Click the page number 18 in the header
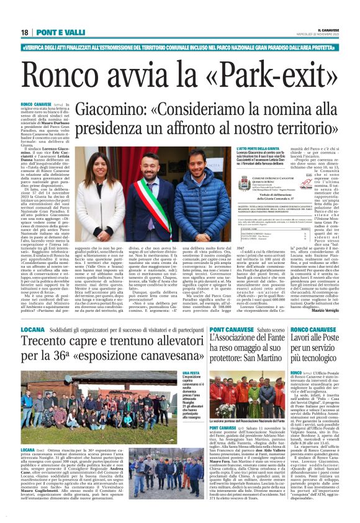click(25, 32)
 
